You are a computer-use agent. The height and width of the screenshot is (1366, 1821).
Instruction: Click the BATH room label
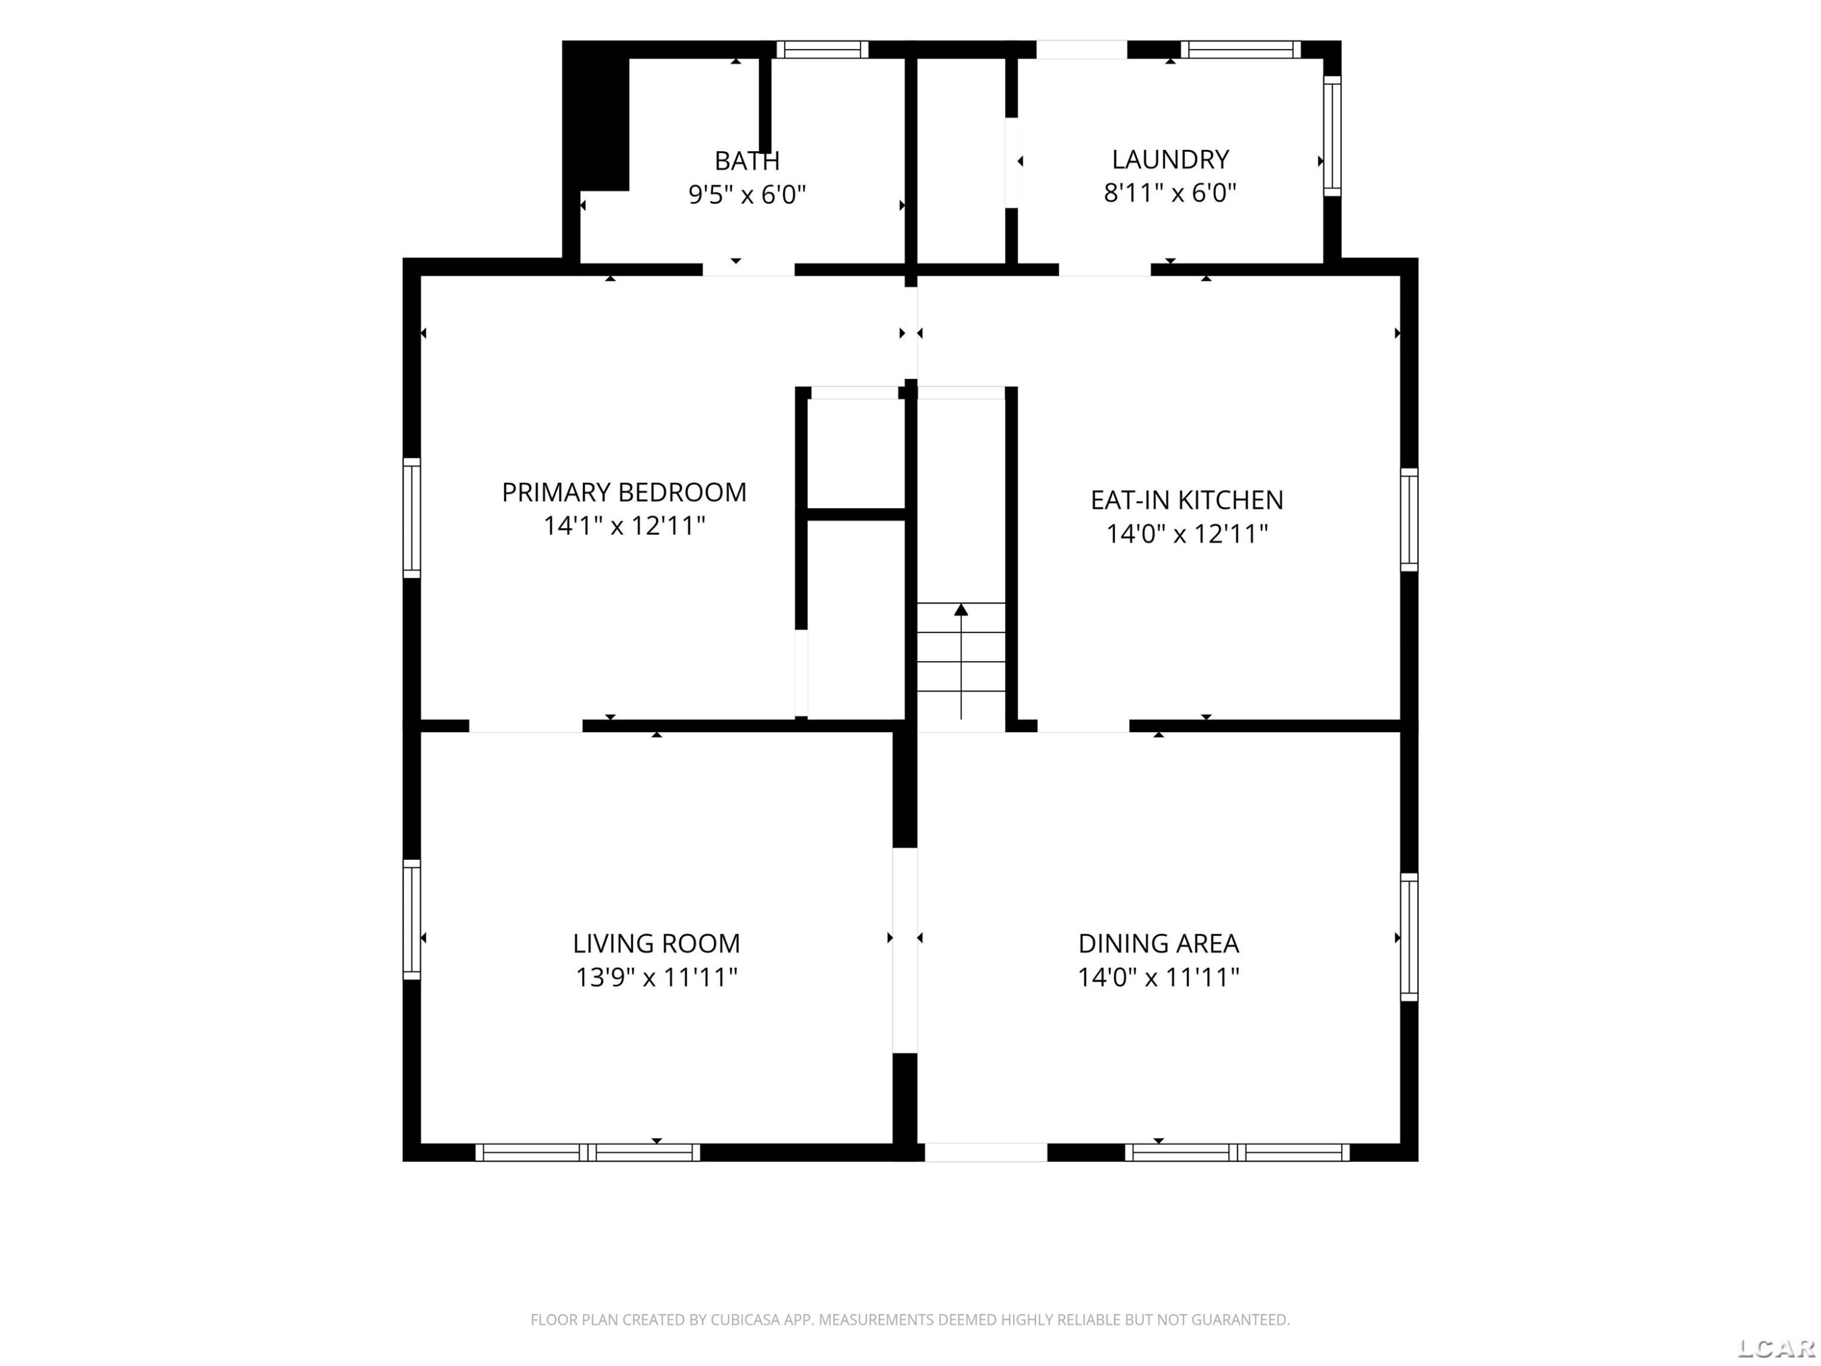(x=747, y=160)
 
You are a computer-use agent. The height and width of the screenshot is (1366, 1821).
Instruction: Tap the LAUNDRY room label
(x=1170, y=159)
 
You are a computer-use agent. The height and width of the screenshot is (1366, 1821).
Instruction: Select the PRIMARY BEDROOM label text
(x=624, y=492)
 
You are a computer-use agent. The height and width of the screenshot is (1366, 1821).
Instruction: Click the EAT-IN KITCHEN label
(x=1186, y=500)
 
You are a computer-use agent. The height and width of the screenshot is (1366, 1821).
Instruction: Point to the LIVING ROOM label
(x=656, y=943)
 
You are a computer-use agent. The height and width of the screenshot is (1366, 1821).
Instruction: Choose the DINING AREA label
(x=1158, y=943)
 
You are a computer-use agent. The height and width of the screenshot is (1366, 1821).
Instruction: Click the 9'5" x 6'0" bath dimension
(x=747, y=195)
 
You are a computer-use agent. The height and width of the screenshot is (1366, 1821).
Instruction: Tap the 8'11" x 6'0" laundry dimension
(x=1170, y=192)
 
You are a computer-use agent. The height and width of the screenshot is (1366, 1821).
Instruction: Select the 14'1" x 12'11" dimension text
(x=624, y=525)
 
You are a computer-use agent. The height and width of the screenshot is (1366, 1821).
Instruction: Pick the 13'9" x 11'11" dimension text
(x=656, y=977)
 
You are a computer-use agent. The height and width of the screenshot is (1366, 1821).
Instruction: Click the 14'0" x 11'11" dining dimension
(x=1158, y=977)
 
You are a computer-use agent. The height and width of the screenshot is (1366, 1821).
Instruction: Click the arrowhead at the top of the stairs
(x=961, y=610)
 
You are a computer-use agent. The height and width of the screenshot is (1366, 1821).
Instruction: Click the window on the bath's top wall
(x=822, y=49)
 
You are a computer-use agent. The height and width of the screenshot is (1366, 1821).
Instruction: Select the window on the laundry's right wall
(x=1332, y=136)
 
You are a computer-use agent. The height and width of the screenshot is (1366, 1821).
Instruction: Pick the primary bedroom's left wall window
(x=412, y=518)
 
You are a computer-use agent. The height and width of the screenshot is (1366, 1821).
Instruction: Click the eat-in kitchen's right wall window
(x=1409, y=520)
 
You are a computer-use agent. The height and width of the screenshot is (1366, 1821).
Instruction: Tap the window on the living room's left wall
(x=412, y=920)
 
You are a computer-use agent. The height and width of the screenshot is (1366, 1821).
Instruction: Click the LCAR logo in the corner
(x=1775, y=1348)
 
